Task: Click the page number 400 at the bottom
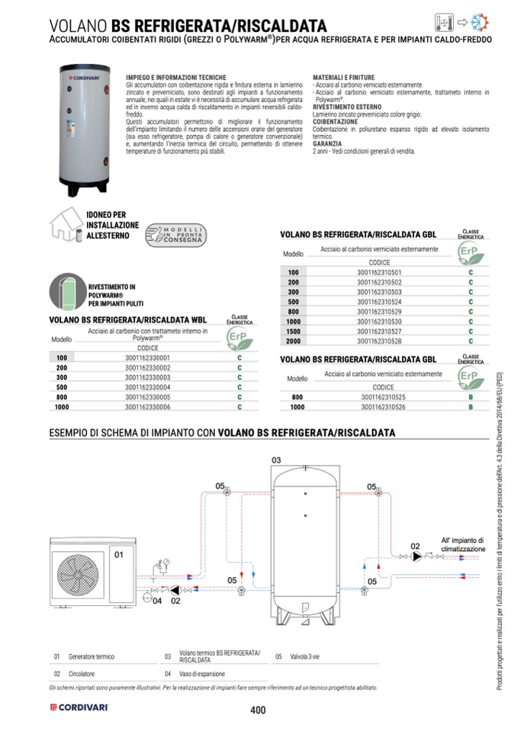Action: tap(257, 710)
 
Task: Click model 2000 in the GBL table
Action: tap(294, 341)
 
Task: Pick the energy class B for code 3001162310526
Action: tap(470, 408)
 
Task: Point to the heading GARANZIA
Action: tap(327, 143)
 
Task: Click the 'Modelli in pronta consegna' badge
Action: tap(174, 235)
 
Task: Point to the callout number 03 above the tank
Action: tap(276, 460)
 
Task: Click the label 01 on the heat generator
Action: tap(119, 555)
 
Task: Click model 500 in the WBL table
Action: tap(62, 387)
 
